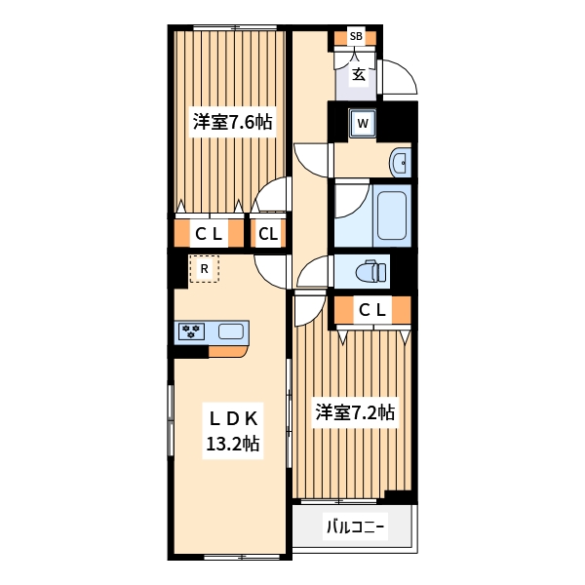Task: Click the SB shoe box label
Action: (x=356, y=38)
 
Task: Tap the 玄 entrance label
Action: (x=358, y=73)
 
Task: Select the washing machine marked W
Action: (x=362, y=123)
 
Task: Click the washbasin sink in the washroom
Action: (x=400, y=162)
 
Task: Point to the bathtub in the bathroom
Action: (x=392, y=215)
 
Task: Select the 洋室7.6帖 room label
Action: (x=231, y=122)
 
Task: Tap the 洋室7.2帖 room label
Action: (x=354, y=412)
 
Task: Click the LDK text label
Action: (x=231, y=418)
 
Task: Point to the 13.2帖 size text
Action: (x=231, y=445)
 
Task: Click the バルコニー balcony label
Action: (x=355, y=528)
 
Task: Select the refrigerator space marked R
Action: (x=204, y=268)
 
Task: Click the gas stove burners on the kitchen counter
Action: (x=190, y=331)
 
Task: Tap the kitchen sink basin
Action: (x=231, y=331)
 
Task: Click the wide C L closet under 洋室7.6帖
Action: (x=209, y=234)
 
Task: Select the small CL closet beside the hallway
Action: (x=268, y=234)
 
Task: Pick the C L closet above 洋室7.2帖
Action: (x=371, y=311)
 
